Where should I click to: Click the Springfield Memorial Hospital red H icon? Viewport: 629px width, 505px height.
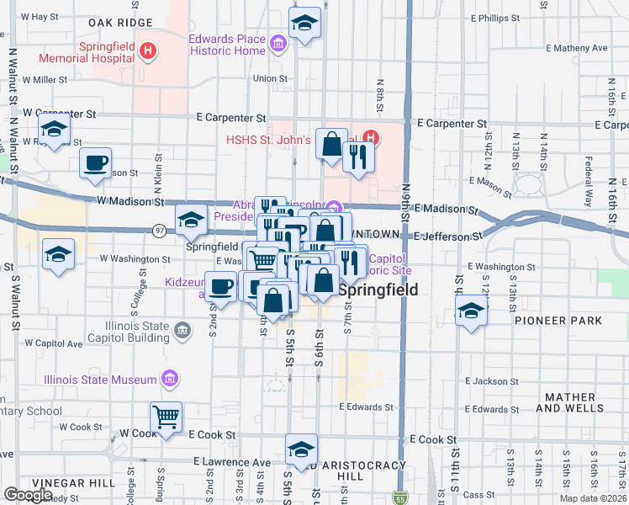(x=148, y=50)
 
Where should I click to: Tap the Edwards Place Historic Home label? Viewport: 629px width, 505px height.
(x=227, y=45)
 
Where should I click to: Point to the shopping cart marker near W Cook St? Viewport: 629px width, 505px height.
(x=166, y=417)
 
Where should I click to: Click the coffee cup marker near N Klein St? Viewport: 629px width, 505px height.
(x=95, y=163)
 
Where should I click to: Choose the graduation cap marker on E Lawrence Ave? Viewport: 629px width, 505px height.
(x=301, y=449)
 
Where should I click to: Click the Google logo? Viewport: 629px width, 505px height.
(x=29, y=495)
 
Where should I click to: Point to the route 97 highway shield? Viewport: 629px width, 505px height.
(x=160, y=230)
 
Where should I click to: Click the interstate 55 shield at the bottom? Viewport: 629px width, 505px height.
(x=403, y=498)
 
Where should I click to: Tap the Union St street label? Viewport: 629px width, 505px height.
(x=270, y=78)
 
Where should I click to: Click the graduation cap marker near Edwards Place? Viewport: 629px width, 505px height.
(x=304, y=24)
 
